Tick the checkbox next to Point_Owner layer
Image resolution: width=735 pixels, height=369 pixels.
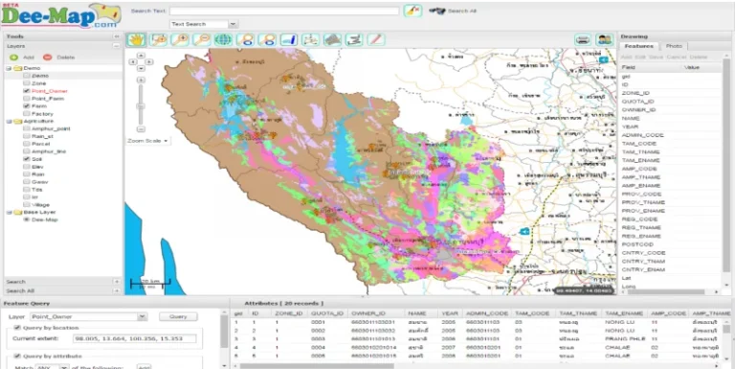(27, 91)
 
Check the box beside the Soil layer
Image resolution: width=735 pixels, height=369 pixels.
(27, 159)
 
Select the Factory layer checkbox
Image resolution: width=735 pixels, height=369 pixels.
(27, 114)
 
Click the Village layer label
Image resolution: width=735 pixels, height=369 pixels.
(39, 204)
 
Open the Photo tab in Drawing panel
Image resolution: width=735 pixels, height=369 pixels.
(675, 46)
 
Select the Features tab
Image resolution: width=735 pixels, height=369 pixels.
(638, 46)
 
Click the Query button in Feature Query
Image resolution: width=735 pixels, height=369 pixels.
(176, 315)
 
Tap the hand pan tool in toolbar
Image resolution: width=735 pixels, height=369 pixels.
(136, 39)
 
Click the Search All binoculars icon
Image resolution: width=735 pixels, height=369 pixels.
(437, 11)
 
